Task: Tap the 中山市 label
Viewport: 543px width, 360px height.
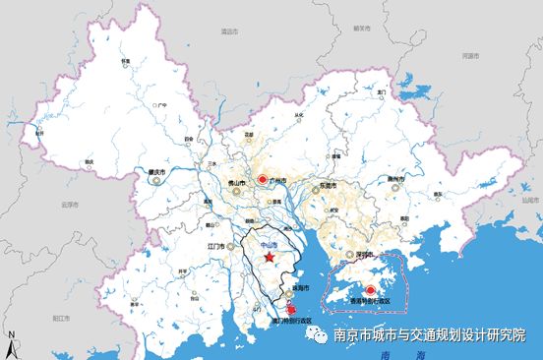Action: click(x=270, y=244)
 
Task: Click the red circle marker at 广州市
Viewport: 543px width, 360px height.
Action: click(x=263, y=180)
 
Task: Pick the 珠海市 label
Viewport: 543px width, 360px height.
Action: click(x=300, y=288)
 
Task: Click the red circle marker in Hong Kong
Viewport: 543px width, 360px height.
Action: click(x=370, y=290)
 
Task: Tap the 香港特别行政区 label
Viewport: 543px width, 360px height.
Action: click(x=373, y=301)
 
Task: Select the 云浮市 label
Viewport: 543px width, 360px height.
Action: click(x=68, y=205)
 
